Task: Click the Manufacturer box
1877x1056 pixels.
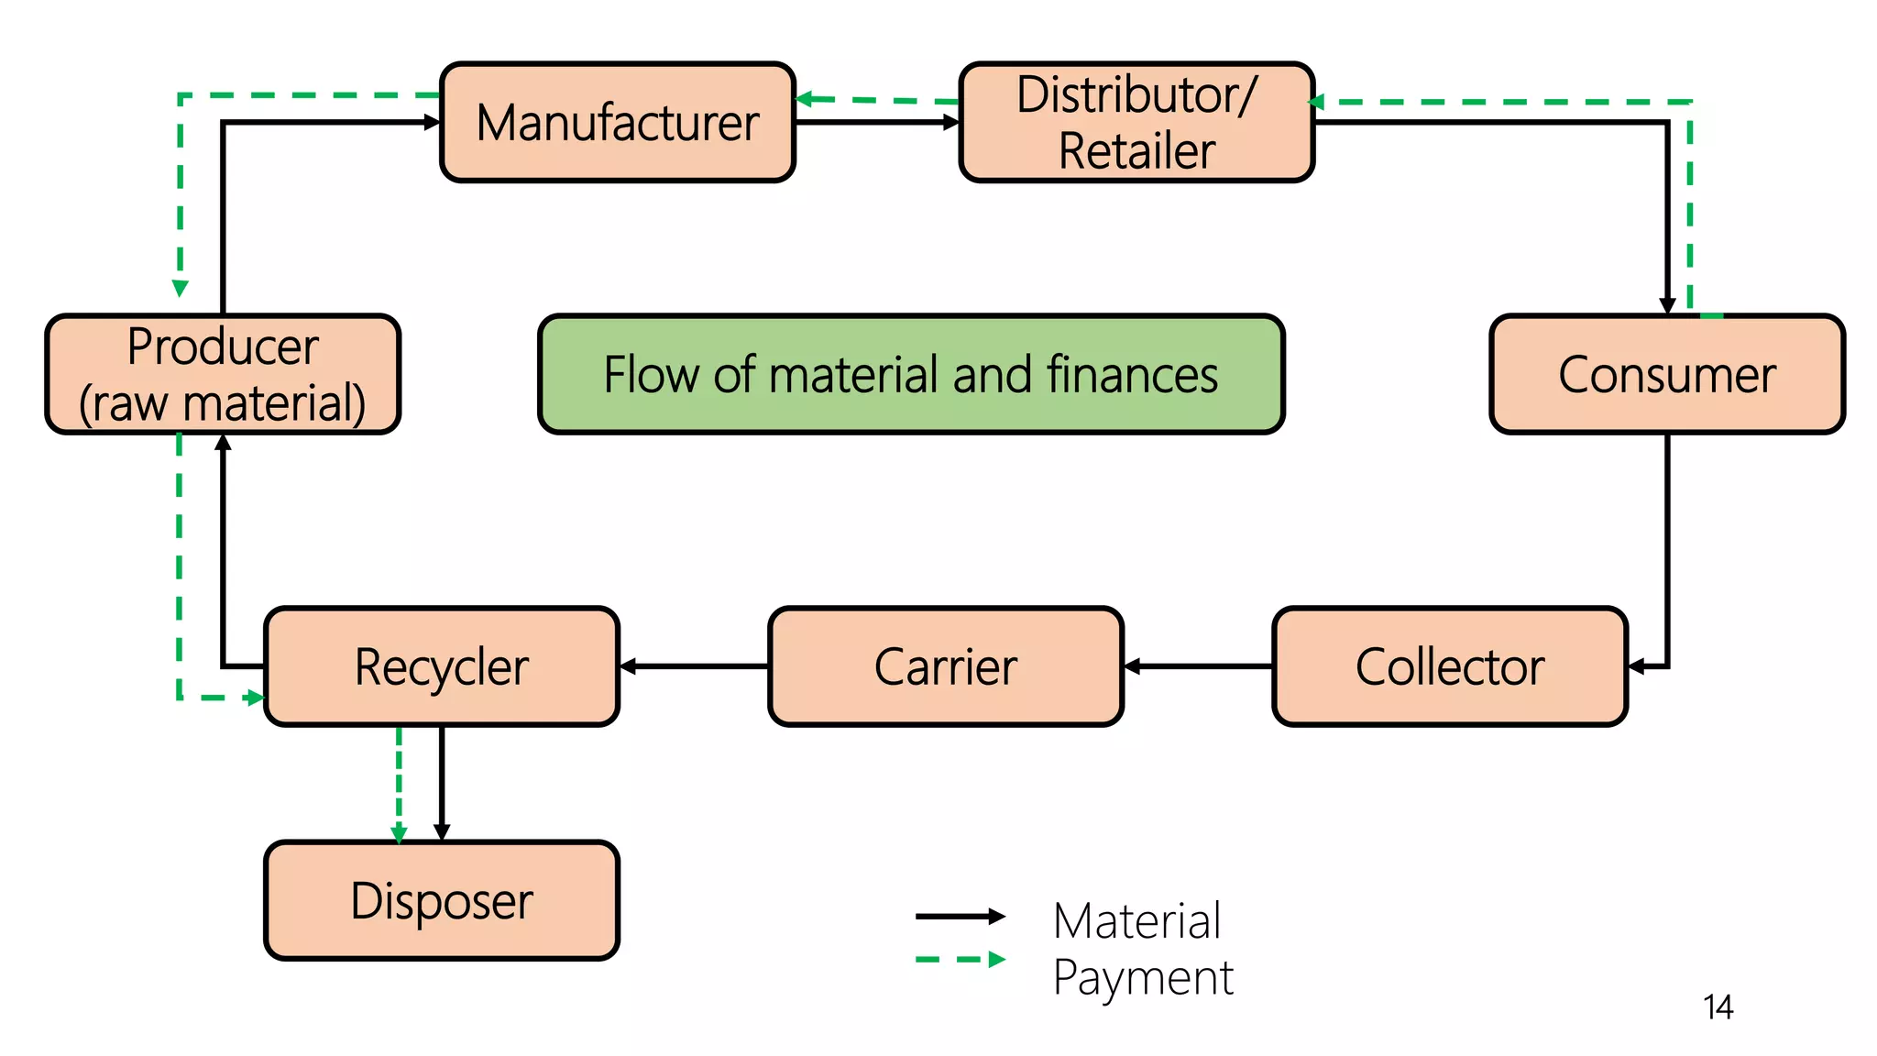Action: tap(617, 122)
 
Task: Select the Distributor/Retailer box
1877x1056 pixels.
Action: tap(1136, 122)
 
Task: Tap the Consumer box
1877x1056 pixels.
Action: tap(1666, 374)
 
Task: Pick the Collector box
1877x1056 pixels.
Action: tap(1450, 666)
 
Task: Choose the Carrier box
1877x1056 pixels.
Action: tap(946, 666)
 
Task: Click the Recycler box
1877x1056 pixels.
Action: tap(442, 666)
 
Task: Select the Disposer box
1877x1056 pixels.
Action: tap(442, 900)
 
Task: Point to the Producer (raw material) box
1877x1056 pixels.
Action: tap(223, 374)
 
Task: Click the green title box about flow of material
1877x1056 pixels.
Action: tap(911, 374)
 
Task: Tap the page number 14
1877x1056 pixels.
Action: tap(1718, 1007)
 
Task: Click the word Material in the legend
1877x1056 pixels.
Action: tap(1136, 920)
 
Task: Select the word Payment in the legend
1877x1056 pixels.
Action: tap(1142, 977)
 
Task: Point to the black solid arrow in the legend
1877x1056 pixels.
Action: tap(960, 916)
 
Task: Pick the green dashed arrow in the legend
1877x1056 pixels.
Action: tap(960, 960)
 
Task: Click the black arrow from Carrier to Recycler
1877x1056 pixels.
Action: tap(695, 666)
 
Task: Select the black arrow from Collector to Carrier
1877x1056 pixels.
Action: tap(1198, 666)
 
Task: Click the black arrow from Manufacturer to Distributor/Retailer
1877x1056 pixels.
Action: tap(877, 122)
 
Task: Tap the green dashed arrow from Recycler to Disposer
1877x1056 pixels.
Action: tap(399, 784)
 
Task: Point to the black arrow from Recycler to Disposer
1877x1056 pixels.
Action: tap(442, 784)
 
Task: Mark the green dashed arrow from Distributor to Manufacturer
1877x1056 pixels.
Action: tap(877, 100)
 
